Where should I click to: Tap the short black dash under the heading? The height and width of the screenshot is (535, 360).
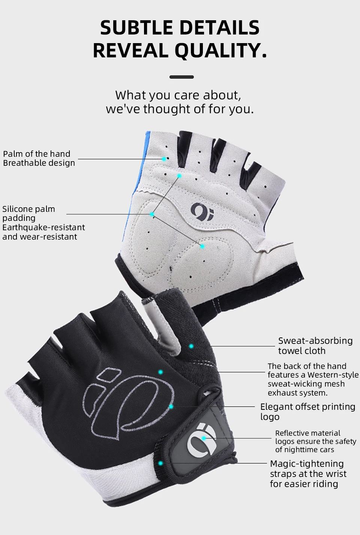pos(181,77)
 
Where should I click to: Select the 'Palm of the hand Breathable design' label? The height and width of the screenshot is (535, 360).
pos(39,158)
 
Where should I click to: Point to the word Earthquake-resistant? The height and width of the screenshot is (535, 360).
pos(43,227)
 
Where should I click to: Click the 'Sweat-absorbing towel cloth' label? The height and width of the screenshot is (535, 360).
pos(315,346)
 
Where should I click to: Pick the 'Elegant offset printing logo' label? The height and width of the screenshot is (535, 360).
pos(307,411)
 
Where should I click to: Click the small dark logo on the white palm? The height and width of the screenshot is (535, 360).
pos(202,211)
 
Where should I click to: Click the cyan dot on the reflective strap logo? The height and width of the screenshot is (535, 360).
pos(204,438)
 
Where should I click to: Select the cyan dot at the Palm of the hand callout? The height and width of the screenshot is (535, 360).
pos(164,159)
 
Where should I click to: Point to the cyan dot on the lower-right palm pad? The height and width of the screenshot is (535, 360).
pos(202,246)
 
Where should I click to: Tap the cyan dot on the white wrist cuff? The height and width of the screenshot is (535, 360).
pos(160,463)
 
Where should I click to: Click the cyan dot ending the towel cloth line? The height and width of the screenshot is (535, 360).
pos(191,346)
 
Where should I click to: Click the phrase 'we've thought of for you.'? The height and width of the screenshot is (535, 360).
pos(180,109)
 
